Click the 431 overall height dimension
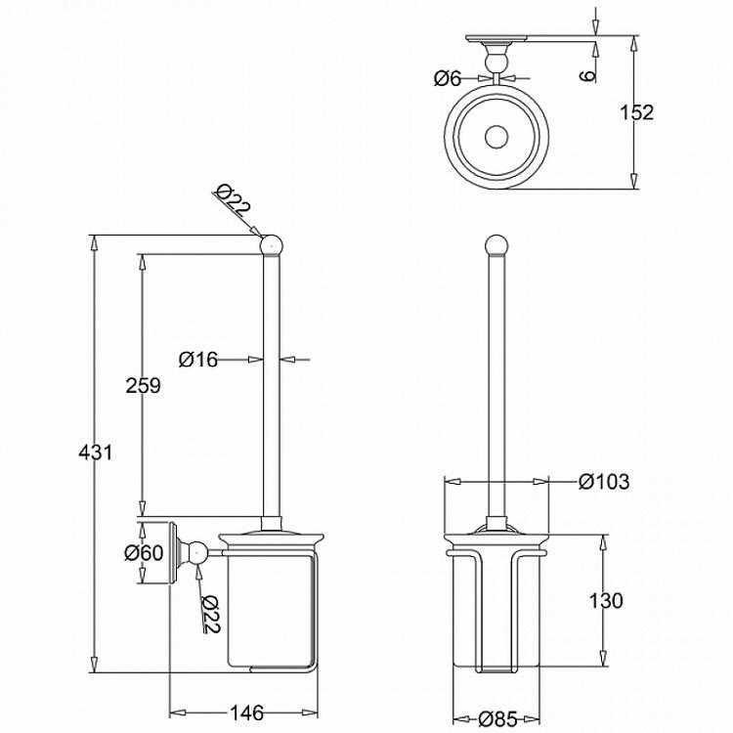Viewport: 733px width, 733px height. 96,453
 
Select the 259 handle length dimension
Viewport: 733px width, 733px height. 143,385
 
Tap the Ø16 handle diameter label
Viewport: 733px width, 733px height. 198,360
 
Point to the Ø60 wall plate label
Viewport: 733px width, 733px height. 144,553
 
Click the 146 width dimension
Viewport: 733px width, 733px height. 246,712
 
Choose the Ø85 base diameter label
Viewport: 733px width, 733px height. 497,719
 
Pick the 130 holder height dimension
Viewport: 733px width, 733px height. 605,601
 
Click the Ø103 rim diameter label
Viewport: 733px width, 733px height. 604,482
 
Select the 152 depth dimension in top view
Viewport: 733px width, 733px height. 636,112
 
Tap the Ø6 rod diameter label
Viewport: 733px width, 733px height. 448,78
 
